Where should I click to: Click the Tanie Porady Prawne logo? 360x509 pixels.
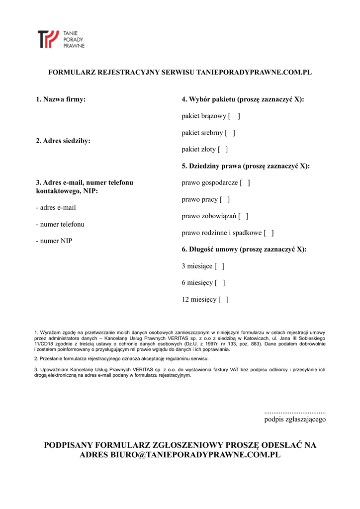tap(61, 39)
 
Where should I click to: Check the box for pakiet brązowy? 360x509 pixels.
tap(234, 116)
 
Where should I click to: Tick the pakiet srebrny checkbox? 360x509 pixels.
tap(230, 133)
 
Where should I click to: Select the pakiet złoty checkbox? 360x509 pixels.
tap(223, 149)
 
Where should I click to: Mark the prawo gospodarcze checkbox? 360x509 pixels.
tap(245, 183)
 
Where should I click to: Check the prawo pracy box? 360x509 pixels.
tap(225, 199)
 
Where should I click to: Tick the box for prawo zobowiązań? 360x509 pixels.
tap(243, 216)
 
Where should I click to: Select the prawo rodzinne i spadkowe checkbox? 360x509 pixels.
tap(269, 233)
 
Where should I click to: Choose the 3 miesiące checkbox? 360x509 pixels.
tap(220, 266)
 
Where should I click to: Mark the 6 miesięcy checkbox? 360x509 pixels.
tap(220, 283)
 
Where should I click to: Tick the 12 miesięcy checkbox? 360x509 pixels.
tap(224, 300)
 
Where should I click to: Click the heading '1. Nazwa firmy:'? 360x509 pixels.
tap(61, 99)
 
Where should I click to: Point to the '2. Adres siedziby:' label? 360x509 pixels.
tap(63, 141)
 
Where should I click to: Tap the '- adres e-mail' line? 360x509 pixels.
tap(56, 208)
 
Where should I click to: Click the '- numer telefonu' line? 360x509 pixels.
tap(60, 224)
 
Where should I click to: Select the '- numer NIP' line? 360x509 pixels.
tap(54, 241)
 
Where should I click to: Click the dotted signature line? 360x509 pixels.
tap(295, 412)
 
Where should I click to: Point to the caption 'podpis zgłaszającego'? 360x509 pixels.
tap(295, 420)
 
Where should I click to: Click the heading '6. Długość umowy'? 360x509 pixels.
tap(244, 250)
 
